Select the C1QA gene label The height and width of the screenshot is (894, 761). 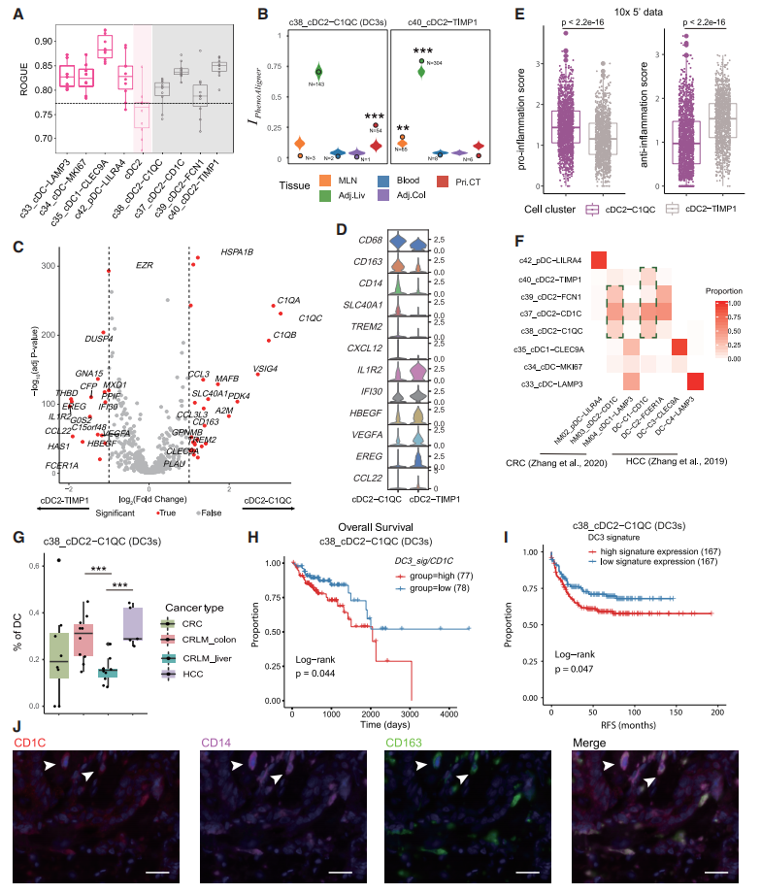click(x=289, y=300)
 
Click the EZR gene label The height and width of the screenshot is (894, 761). click(x=145, y=265)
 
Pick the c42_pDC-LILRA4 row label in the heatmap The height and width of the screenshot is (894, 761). click(x=552, y=259)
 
